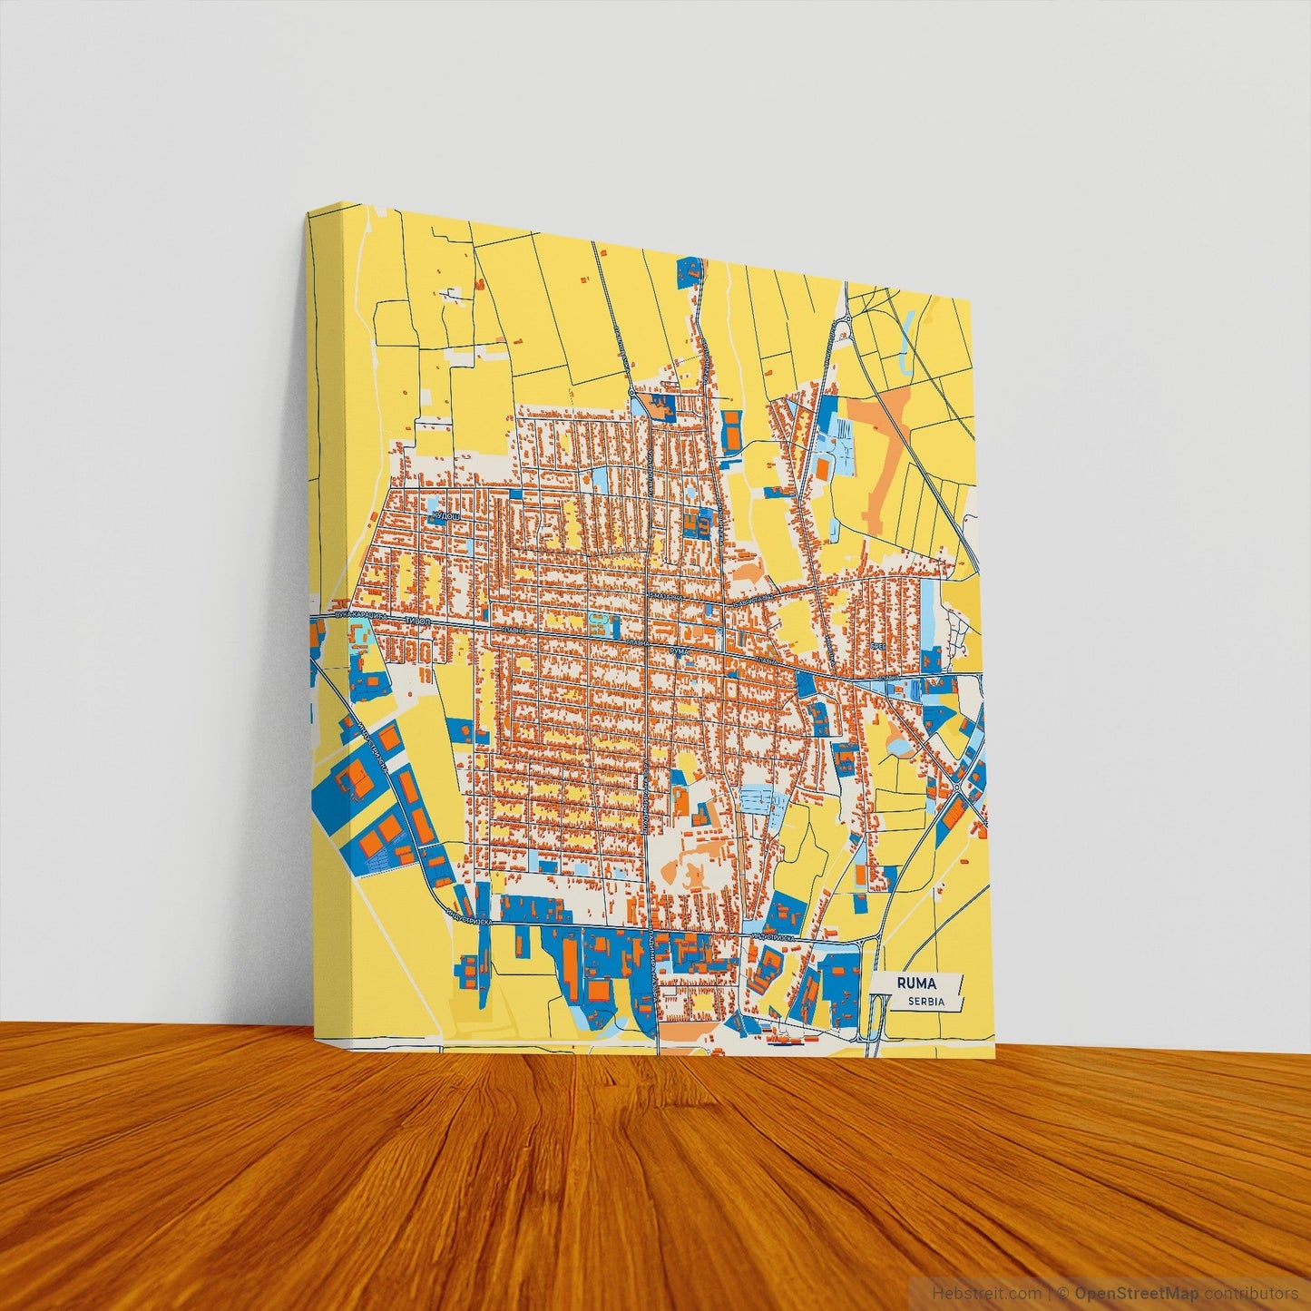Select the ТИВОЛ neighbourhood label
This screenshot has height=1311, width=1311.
tap(418, 621)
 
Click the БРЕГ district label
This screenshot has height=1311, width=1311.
tap(877, 643)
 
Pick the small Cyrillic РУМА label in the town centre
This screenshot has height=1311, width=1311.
tap(680, 651)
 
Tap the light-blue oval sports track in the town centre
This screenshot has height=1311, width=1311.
tap(598, 622)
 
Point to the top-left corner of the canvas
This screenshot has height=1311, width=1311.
tap(308, 211)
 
